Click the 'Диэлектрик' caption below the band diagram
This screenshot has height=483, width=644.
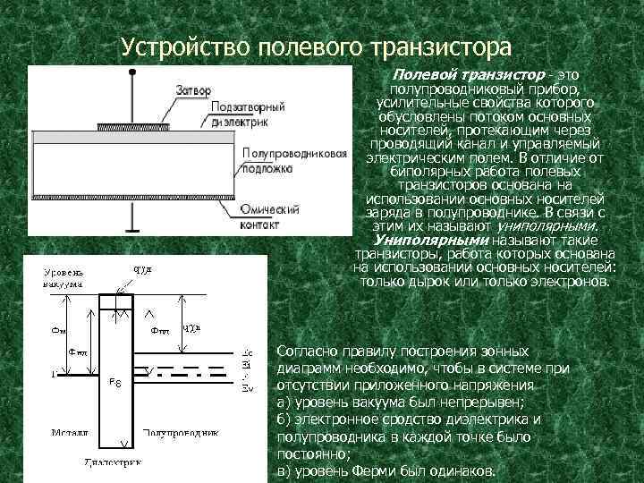tap(117, 463)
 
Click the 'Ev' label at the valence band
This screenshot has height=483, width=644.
tap(248, 387)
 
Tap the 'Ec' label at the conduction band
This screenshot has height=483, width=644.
tap(248, 353)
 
